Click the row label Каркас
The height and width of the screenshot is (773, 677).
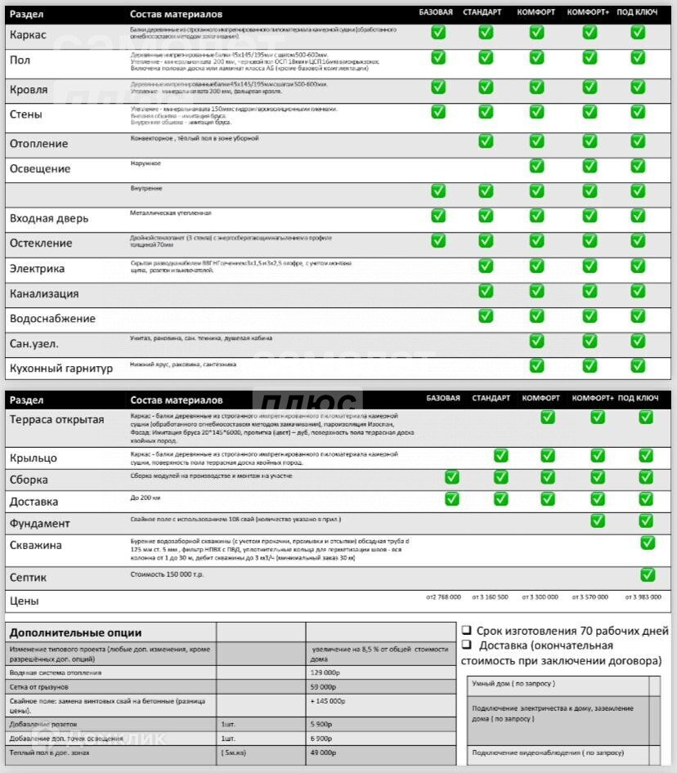[28, 35]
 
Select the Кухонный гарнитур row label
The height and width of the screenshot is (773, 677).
[61, 369]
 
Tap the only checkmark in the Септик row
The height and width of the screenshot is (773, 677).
[648, 574]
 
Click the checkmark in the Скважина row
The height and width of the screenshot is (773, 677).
[648, 543]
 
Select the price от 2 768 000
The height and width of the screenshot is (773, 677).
[443, 597]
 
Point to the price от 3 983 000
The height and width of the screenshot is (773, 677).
[643, 597]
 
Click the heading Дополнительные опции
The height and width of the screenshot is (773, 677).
[75, 632]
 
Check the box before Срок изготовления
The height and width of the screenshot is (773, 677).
[466, 630]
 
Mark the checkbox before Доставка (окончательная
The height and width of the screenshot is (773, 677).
[466, 646]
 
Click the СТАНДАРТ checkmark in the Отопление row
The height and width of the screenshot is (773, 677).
[486, 141]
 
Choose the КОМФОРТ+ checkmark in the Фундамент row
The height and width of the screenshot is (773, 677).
[598, 521]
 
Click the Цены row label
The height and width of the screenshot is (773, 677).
[24, 601]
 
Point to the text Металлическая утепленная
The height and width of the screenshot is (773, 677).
[170, 213]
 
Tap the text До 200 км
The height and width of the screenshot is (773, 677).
[146, 498]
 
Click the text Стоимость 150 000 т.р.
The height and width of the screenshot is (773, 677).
[168, 574]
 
